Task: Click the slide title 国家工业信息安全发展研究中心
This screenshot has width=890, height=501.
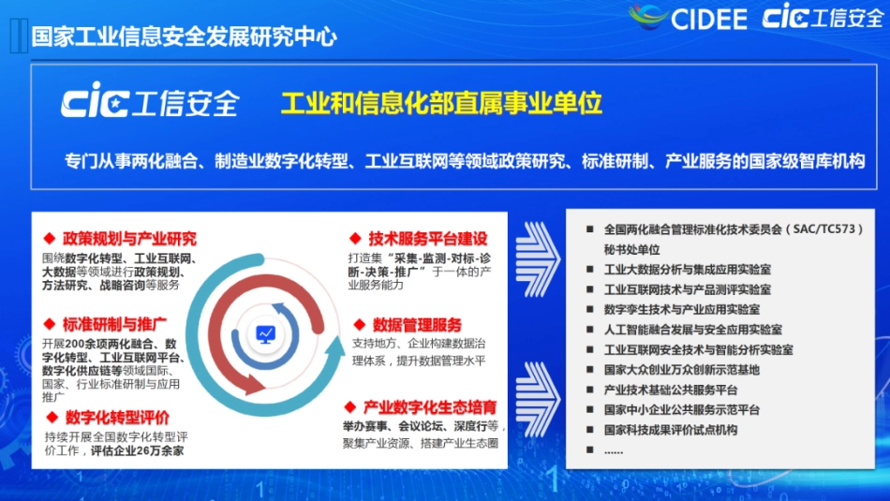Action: (x=184, y=37)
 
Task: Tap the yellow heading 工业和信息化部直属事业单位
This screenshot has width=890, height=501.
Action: (x=441, y=102)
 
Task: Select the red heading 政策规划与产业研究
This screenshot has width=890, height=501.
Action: (x=129, y=239)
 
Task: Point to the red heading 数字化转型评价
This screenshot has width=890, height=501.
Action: (x=116, y=418)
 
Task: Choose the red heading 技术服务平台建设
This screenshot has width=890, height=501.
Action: (x=427, y=239)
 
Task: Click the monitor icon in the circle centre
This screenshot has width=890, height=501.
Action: (x=266, y=333)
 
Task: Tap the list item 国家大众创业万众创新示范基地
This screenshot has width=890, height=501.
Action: (x=681, y=369)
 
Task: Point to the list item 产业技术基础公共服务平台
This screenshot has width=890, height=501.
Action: (x=670, y=390)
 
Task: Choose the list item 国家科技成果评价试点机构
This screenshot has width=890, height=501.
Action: (x=670, y=430)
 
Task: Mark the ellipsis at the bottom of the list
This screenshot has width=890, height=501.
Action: (x=614, y=450)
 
